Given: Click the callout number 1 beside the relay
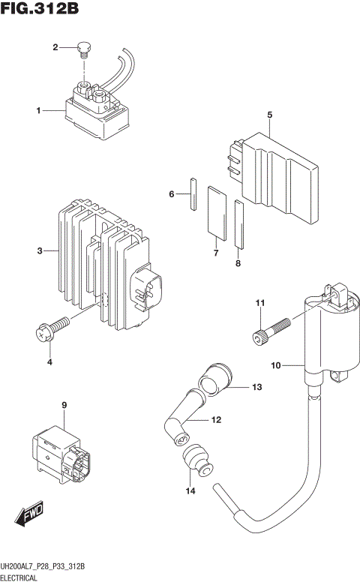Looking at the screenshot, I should pos(37,111).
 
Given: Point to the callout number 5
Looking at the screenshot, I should pos(269,115).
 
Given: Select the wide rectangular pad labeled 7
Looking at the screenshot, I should pos(216,211).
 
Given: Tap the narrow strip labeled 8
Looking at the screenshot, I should pos(238,223).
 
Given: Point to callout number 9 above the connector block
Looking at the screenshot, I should pos(64,406).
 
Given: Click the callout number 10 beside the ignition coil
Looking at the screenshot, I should pos(275,365).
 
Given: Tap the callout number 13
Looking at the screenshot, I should pos(257,388).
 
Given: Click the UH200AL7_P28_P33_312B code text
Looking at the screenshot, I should pos(42,565).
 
